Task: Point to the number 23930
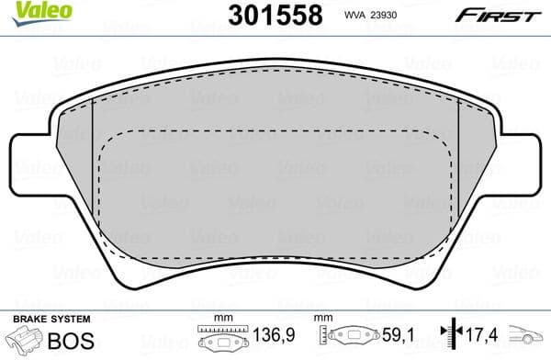[384, 16]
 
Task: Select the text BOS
[68, 339]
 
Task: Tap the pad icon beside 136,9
[224, 340]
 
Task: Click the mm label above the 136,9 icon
[224, 319]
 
